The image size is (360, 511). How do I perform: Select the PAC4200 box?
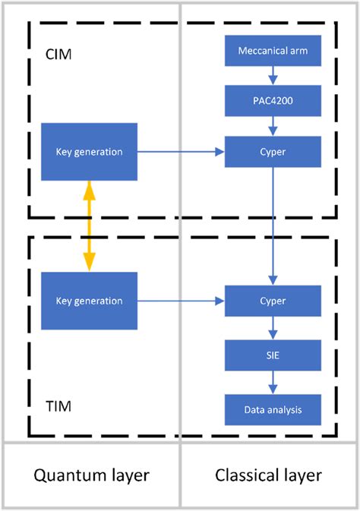(273, 100)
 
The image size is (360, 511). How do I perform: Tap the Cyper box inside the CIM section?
(273, 152)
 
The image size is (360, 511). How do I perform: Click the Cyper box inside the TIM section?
(273, 301)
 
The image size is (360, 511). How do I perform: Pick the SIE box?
(273, 355)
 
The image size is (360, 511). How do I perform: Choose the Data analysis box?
(273, 409)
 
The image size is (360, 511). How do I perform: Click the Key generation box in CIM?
(89, 152)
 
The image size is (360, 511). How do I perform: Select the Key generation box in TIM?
(89, 301)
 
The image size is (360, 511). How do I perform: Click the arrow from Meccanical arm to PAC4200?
(273, 75)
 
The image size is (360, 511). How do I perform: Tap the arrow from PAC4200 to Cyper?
(273, 126)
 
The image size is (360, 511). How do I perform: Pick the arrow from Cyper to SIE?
(273, 328)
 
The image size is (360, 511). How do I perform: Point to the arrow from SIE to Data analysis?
(273, 383)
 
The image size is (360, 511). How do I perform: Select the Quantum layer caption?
(91, 475)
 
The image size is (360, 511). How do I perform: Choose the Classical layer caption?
(269, 475)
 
